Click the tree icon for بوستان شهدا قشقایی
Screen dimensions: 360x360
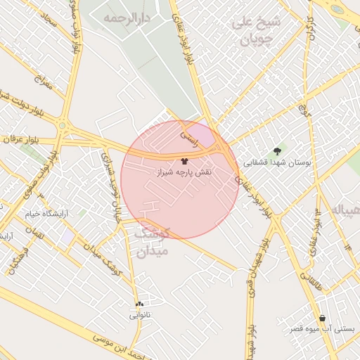coord(278,150)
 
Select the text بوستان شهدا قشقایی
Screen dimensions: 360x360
coord(277,162)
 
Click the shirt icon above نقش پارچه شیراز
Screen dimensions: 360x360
coord(184,161)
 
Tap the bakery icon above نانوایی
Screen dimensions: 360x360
coord(139,304)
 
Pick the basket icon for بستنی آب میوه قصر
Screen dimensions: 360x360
coord(322,318)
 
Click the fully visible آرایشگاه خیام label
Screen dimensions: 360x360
coord(48,213)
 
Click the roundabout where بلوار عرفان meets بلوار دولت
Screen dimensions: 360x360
coord(64,127)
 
